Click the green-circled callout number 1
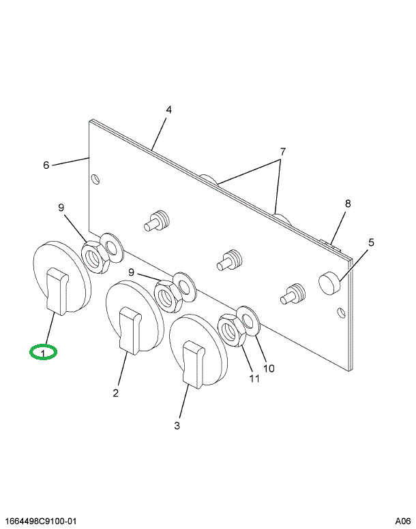(x=43, y=353)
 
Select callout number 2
(x=116, y=392)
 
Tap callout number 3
(x=177, y=426)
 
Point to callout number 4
(x=168, y=110)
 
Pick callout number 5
(x=372, y=242)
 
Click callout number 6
(x=46, y=165)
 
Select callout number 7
(x=282, y=151)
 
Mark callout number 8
(x=347, y=204)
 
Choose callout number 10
(x=269, y=368)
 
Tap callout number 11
(x=254, y=379)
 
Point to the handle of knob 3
(x=194, y=365)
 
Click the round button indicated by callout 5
(x=330, y=280)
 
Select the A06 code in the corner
(x=402, y=522)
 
